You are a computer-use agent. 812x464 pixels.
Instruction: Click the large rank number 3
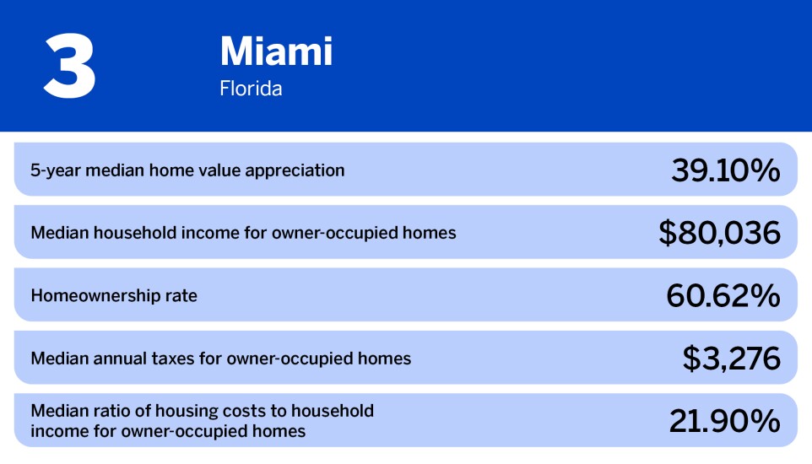click(70, 66)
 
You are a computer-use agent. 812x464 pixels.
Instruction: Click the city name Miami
click(276, 51)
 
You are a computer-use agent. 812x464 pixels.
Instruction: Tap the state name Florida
click(251, 89)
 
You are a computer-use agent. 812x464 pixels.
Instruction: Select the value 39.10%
click(725, 170)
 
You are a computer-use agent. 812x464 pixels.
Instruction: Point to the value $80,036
click(719, 233)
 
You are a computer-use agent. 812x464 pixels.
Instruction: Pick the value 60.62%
click(723, 295)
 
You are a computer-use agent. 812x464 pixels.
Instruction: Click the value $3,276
click(731, 359)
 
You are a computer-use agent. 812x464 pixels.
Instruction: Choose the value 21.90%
click(724, 421)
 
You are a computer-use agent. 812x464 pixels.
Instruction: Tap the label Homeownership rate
click(114, 295)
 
